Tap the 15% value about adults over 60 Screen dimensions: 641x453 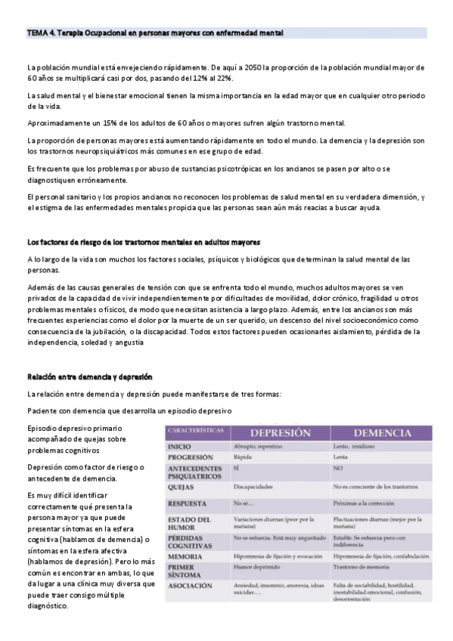pyautogui.click(x=101, y=123)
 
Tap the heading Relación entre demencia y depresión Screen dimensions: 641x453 pyautogui.click(x=90, y=376)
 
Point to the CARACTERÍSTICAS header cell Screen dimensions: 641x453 pyautogui.click(x=195, y=429)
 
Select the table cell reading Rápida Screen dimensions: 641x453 pyautogui.click(x=242, y=457)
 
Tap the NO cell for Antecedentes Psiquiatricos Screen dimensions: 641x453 pyautogui.click(x=337, y=469)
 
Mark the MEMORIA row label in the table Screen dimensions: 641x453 pyautogui.click(x=185, y=556)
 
